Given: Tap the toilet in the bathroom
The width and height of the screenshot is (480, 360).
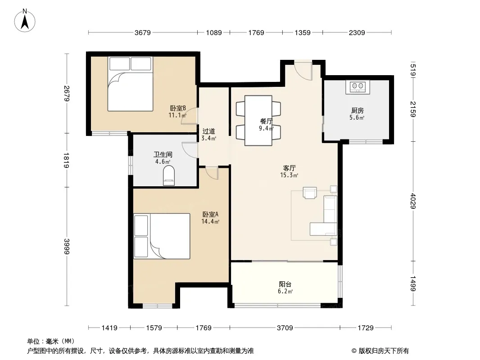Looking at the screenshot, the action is coord(169,175).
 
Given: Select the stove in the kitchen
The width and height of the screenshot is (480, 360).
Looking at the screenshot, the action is coord(358,87).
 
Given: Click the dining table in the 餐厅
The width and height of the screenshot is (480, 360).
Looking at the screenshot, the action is coord(258,121).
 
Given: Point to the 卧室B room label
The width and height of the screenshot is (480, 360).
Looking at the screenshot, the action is coord(178,108).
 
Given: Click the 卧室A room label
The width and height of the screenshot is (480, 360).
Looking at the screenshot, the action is coord(210,214).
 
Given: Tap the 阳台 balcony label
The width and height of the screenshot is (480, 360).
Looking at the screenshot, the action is coord(285,284).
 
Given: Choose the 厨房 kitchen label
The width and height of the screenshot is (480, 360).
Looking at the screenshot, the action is coord(357,110).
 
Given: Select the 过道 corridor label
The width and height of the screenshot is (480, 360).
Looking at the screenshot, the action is coord(209,131).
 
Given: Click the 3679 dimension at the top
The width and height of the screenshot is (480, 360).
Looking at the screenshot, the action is coord(143,32).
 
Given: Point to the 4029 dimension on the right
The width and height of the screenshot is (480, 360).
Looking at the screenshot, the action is coord(413,201).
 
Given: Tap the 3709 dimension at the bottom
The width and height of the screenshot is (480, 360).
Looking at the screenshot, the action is coord(285,328).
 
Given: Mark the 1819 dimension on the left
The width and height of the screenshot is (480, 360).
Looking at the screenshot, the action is coord(67,160).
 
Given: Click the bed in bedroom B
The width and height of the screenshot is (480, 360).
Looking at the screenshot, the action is coord(130,84).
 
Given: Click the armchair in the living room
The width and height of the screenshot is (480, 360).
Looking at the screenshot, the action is coord(310,193).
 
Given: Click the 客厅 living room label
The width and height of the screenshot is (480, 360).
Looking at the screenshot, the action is coord(289,168).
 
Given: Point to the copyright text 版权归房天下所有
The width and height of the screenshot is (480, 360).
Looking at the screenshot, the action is coord(384,351).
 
